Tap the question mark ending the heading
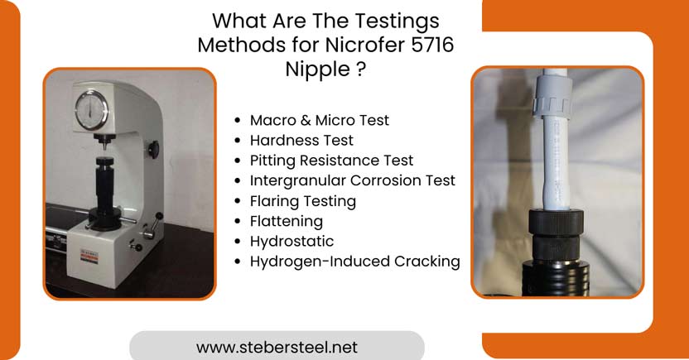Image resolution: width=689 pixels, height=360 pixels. [x=361, y=69]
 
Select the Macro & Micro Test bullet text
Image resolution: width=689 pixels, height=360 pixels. [x=319, y=120]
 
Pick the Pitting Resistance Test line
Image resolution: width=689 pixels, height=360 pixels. [x=331, y=161]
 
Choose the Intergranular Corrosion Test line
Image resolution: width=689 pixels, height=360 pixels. [x=352, y=180]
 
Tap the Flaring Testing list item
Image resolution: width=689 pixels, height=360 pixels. [x=302, y=201]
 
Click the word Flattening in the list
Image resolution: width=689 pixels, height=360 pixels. [x=286, y=221]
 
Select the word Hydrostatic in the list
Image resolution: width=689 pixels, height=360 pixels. [x=291, y=241]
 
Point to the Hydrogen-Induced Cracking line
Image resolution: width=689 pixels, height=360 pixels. [x=354, y=262]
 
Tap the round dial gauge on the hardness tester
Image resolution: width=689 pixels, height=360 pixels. [x=92, y=111]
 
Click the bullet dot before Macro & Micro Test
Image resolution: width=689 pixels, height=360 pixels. [x=238, y=121]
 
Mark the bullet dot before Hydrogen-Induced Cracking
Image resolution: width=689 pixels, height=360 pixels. [x=238, y=262]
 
